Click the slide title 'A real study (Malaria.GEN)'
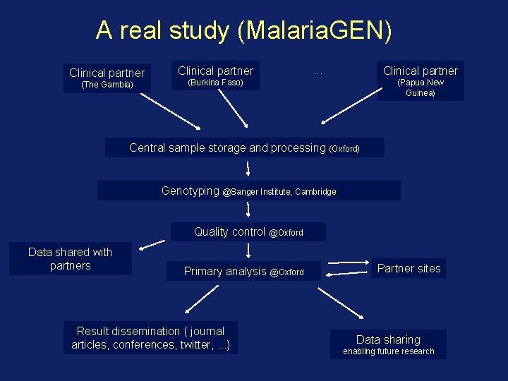click(x=243, y=30)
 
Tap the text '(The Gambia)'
click(x=107, y=85)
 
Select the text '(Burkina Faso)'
click(x=215, y=83)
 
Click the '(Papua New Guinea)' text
click(x=420, y=87)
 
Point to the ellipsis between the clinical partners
click(x=318, y=72)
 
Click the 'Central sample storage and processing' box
click(x=244, y=148)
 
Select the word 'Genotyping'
click(x=190, y=190)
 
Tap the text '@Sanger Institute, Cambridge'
click(x=279, y=192)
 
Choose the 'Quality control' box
click(x=248, y=232)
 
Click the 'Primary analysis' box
click(x=243, y=272)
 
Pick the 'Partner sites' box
click(x=409, y=269)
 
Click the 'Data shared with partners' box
click(x=70, y=259)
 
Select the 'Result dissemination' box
click(x=150, y=338)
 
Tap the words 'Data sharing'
click(x=388, y=339)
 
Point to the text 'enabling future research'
click(x=388, y=351)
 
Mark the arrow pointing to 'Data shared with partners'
click(x=152, y=244)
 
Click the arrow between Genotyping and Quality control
click(x=248, y=210)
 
